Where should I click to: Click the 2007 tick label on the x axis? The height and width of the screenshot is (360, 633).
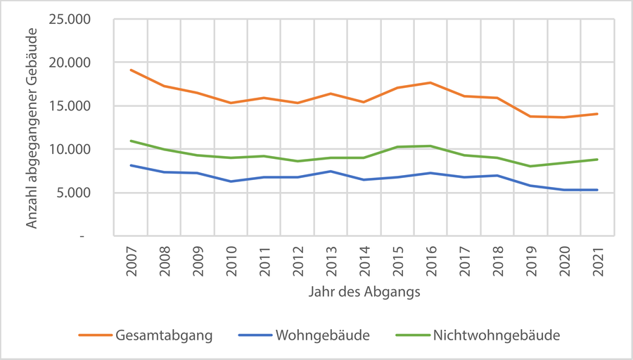[x=132, y=261]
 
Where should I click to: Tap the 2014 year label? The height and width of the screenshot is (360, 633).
[x=364, y=261]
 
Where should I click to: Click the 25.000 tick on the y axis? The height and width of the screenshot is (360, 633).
[x=71, y=19]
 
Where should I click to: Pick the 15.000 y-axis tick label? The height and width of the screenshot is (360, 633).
[x=71, y=106]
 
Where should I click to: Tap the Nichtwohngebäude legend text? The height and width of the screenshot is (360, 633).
[x=497, y=335]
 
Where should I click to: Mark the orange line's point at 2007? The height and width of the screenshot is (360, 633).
[x=132, y=70]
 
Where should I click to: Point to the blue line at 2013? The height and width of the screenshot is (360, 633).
[x=331, y=172]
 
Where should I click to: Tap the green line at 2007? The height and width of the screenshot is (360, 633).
[x=132, y=141]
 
